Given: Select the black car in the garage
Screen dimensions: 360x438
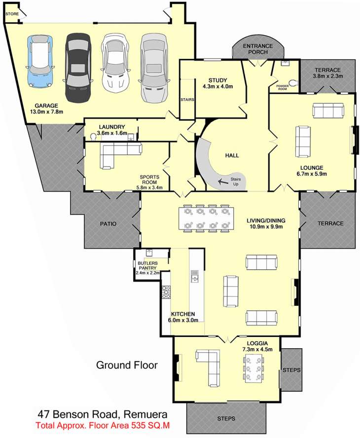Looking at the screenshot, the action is click(x=78, y=68).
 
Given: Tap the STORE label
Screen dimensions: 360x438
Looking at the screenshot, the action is click(x=12, y=14).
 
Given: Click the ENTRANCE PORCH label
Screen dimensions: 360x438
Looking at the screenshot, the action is click(x=257, y=49).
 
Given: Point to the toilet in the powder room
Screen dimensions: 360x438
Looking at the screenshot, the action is click(x=293, y=83).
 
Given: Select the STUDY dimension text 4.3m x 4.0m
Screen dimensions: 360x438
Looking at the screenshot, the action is click(x=217, y=87).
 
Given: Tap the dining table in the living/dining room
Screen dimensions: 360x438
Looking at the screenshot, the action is click(x=206, y=219).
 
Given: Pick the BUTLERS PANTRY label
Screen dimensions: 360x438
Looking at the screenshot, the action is click(x=148, y=266).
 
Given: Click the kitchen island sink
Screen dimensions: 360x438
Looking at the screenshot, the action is click(x=194, y=276).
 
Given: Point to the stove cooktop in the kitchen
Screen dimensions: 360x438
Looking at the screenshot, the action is click(x=166, y=292).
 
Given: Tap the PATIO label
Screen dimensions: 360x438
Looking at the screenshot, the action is click(x=108, y=224).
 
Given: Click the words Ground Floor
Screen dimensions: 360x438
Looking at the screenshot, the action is click(x=127, y=365).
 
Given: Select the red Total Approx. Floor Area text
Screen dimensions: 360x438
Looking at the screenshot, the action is click(x=103, y=426).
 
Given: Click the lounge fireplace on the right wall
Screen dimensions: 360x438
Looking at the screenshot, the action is click(x=355, y=140).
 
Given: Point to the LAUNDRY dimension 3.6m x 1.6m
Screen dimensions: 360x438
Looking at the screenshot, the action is click(x=112, y=133).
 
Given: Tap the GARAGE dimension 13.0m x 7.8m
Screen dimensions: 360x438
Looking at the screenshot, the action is click(x=46, y=112).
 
